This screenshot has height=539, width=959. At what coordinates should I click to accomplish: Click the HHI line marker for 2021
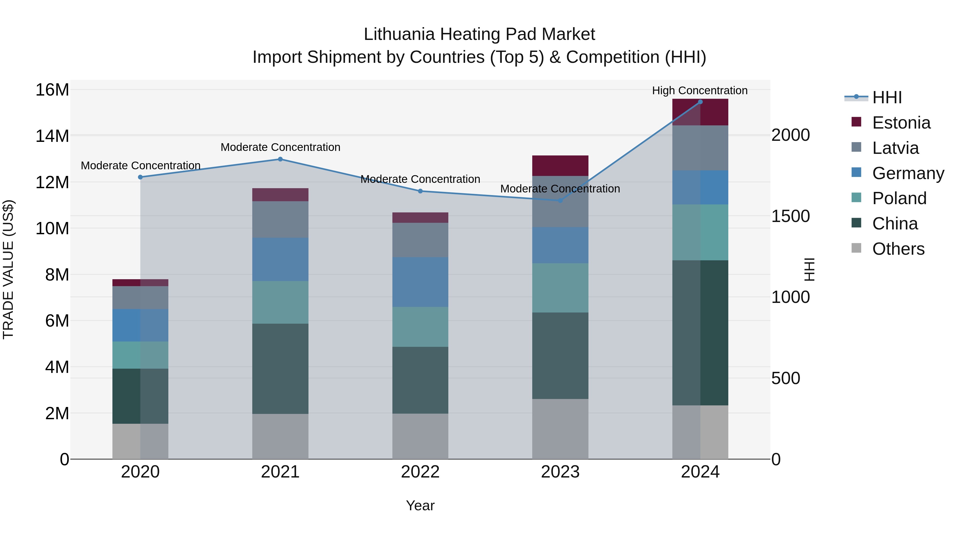click(280, 159)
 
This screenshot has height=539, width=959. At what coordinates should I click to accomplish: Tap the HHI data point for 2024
click(700, 102)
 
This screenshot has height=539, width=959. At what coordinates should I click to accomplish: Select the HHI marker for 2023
click(560, 200)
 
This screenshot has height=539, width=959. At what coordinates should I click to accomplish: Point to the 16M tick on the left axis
click(52, 90)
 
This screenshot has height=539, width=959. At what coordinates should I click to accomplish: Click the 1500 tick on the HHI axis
click(790, 216)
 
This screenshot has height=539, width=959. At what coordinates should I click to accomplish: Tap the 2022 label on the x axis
click(420, 472)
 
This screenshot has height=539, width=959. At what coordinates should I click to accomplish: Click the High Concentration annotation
click(700, 90)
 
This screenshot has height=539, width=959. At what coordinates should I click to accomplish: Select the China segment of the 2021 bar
click(280, 368)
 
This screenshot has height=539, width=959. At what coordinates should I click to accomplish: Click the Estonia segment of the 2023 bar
click(560, 166)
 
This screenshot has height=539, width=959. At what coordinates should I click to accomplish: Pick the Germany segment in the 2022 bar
click(420, 282)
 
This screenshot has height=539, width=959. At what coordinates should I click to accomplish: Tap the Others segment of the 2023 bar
click(560, 429)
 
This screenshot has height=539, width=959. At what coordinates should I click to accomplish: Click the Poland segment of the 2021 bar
click(280, 302)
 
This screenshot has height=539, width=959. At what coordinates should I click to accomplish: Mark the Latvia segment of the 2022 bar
click(420, 240)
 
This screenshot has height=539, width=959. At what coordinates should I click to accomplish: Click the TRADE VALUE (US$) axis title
click(8, 269)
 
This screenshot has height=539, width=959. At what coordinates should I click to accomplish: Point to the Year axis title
click(420, 505)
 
